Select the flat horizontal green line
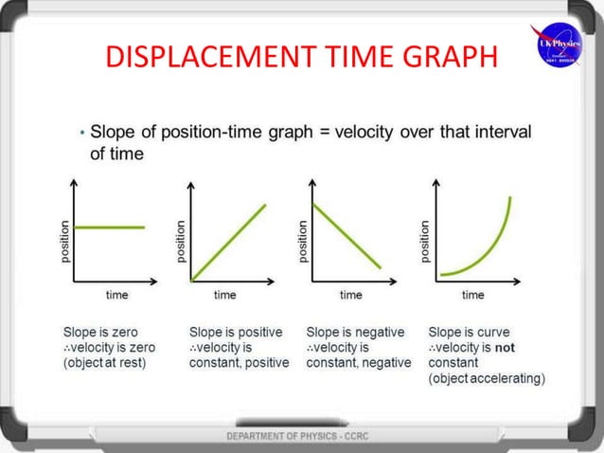110,227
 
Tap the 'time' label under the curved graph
473,295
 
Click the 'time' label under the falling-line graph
351,295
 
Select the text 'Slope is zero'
98,333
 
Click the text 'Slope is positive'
236,333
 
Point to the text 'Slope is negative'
356,333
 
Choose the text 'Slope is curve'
469,333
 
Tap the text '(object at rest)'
105,363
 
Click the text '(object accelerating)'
487,378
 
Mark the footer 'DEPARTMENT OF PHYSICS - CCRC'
301,435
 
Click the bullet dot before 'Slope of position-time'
82,134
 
